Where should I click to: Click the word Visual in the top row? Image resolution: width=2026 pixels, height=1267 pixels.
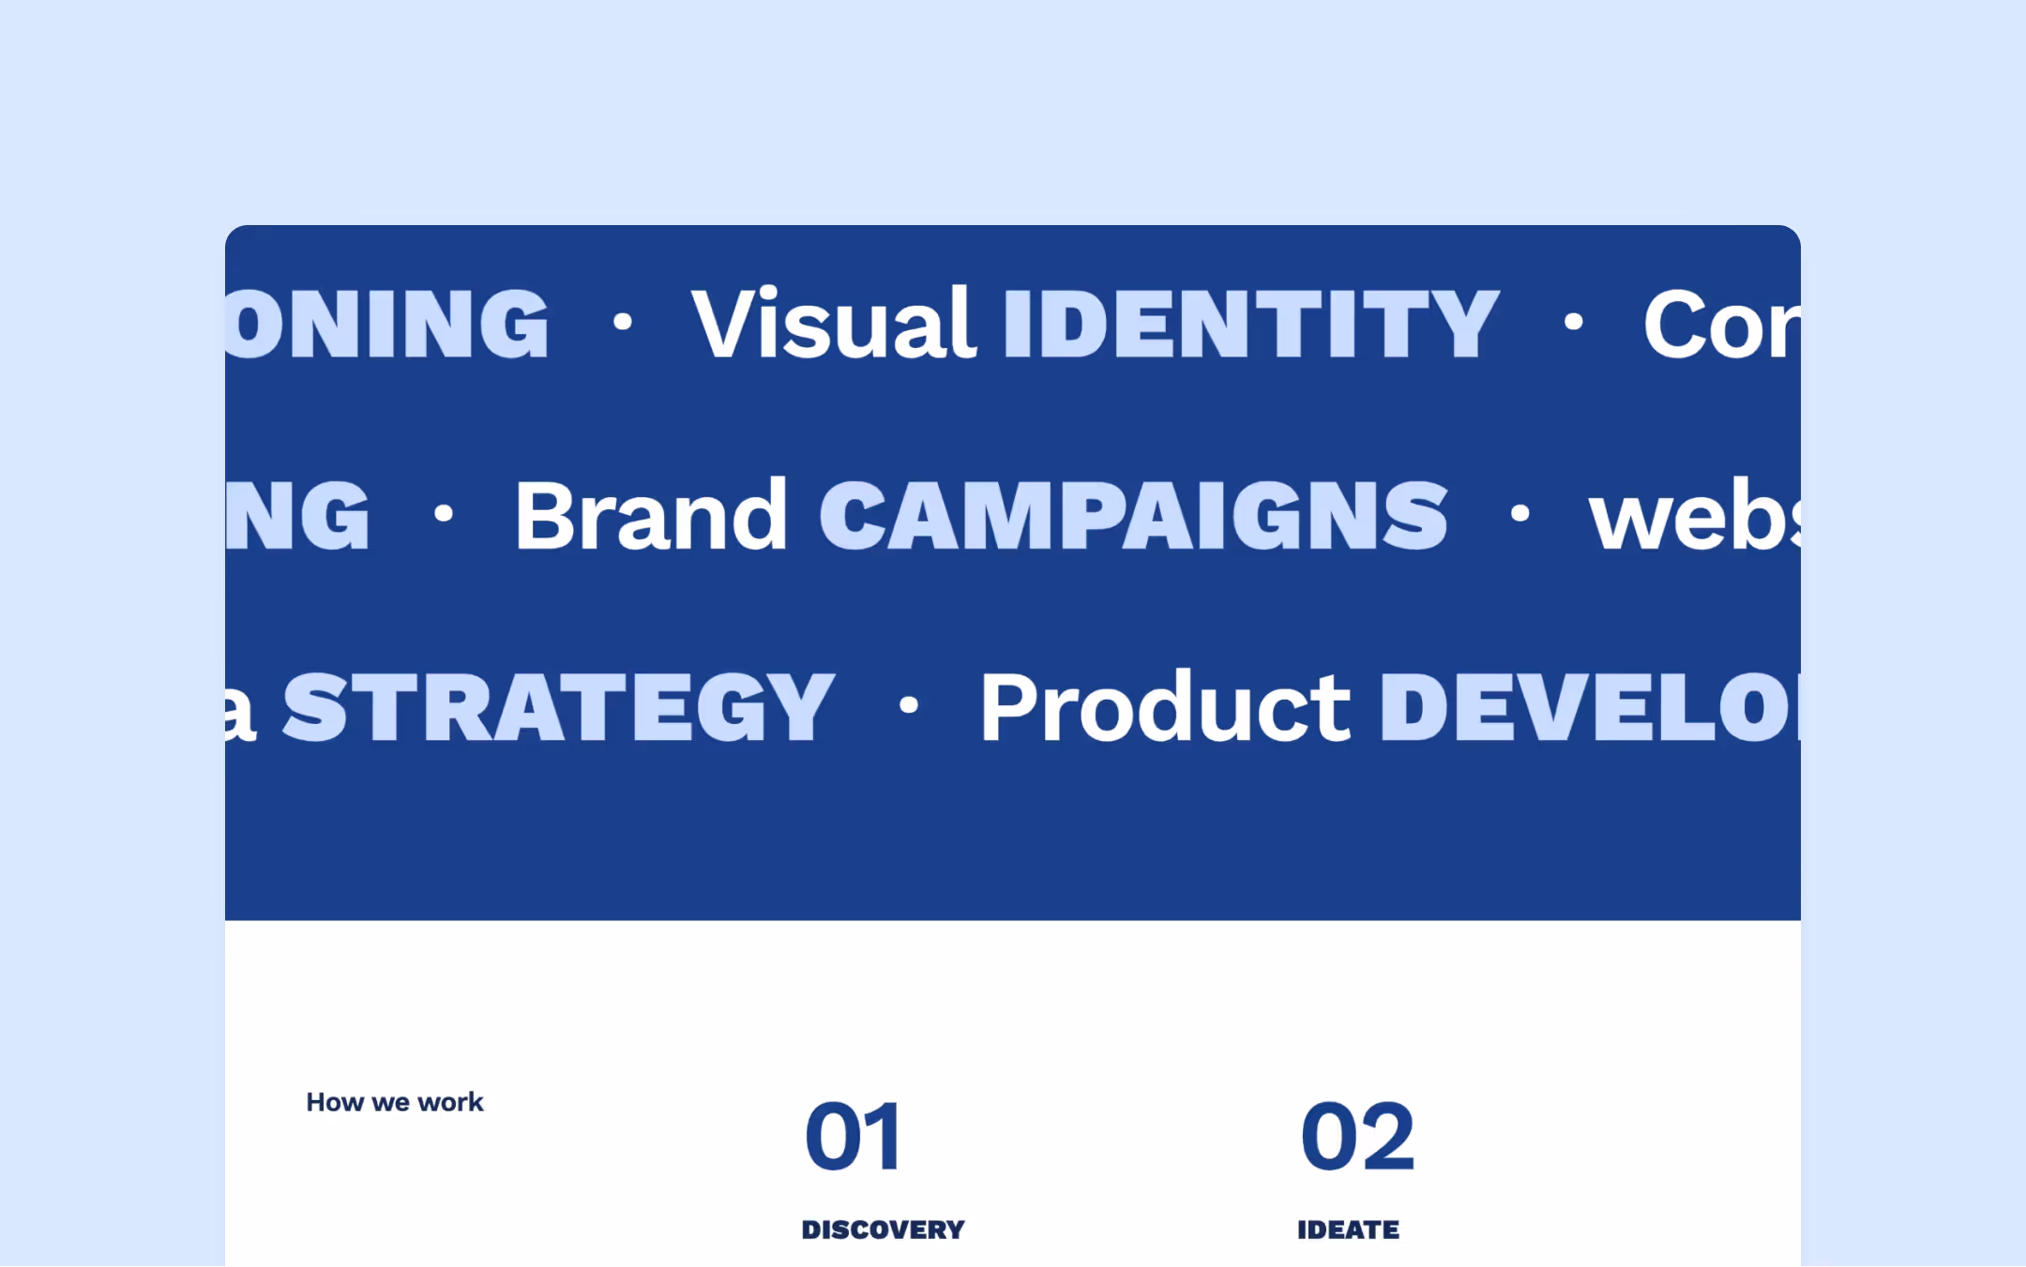(x=833, y=324)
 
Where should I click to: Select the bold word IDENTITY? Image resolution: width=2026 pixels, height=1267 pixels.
(x=1250, y=324)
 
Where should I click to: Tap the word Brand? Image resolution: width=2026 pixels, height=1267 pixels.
(x=650, y=515)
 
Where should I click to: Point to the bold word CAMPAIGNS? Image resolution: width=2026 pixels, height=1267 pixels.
(x=1133, y=515)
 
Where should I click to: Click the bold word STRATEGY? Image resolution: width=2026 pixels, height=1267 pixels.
(x=558, y=707)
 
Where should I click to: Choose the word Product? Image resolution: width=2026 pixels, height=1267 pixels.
(x=1164, y=707)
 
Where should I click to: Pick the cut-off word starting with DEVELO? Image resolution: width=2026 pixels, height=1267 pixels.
(x=1589, y=707)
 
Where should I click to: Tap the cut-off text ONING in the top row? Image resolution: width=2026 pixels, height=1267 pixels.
(x=386, y=324)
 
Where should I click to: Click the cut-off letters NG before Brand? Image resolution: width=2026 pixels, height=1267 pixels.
(x=298, y=515)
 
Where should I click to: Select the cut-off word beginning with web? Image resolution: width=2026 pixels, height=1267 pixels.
(x=1693, y=517)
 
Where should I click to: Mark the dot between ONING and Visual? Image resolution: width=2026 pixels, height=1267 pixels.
(x=622, y=323)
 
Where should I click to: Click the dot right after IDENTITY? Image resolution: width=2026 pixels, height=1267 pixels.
(x=1573, y=323)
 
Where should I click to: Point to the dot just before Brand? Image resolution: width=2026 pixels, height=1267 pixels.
(x=444, y=513)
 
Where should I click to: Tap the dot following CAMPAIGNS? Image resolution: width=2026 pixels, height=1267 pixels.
(x=1519, y=513)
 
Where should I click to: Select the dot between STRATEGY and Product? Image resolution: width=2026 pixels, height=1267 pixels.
(x=908, y=704)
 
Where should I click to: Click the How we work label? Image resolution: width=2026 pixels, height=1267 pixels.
(x=395, y=1102)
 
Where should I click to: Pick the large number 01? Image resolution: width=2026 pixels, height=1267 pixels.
(x=853, y=1137)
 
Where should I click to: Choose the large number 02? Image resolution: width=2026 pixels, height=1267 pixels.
(x=1357, y=1137)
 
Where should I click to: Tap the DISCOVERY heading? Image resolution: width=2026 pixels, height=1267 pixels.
(x=883, y=1229)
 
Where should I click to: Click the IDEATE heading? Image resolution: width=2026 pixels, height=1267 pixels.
(x=1348, y=1229)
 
